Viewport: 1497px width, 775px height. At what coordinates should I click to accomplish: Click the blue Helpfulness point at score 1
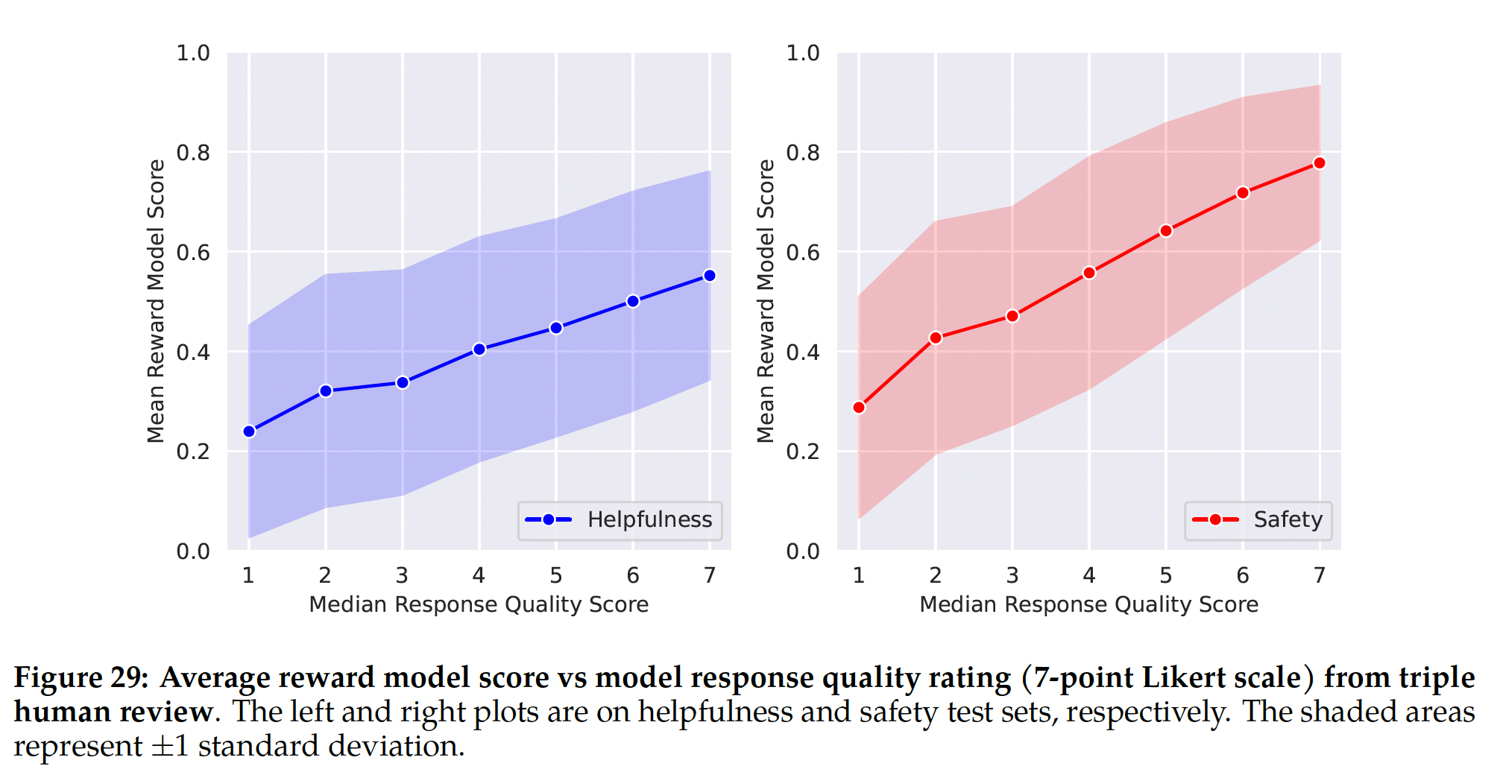point(249,431)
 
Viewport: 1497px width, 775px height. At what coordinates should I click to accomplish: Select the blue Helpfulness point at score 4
point(479,349)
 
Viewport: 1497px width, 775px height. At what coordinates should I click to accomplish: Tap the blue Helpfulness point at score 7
point(710,276)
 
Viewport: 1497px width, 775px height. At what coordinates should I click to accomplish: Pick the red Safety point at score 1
point(859,408)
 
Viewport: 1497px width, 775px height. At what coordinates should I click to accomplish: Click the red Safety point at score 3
point(1012,316)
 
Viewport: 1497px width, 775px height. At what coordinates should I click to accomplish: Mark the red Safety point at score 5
point(1166,231)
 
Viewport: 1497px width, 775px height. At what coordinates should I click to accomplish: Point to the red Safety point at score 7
point(1320,163)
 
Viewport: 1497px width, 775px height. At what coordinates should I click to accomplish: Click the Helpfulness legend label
point(649,519)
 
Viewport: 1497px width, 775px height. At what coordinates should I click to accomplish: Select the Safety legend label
point(1288,519)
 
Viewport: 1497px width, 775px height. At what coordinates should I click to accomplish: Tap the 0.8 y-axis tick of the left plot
point(193,153)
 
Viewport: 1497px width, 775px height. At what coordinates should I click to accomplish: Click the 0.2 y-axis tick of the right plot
point(803,452)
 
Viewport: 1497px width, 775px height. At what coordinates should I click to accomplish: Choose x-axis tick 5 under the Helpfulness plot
point(556,575)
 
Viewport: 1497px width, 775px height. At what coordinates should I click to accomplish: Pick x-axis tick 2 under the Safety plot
point(936,575)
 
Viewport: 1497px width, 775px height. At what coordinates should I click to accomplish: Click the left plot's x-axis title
point(479,604)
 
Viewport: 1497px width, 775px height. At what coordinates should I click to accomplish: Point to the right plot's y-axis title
point(766,301)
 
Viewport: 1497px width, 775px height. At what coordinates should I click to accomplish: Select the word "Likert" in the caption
point(1182,677)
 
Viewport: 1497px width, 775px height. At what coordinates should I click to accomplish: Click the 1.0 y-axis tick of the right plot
point(803,53)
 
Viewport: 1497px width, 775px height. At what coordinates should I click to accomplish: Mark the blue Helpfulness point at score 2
point(326,391)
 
